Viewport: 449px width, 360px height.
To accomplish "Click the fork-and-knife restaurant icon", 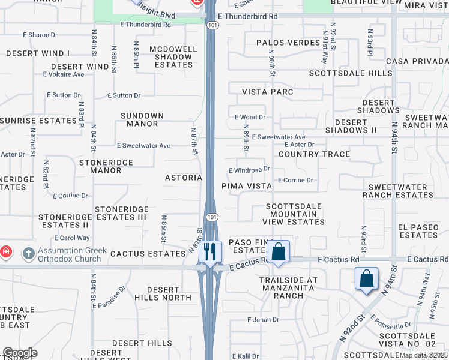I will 210,251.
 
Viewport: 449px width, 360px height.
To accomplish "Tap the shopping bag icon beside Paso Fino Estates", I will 279,251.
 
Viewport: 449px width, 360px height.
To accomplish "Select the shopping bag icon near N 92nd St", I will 366,278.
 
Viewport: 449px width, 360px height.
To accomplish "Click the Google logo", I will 19,353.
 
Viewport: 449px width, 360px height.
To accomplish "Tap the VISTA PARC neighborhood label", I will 268,92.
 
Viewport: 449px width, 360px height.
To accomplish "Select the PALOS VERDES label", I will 288,43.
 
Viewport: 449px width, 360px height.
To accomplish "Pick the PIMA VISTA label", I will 247,186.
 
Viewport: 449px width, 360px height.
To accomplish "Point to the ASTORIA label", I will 184,178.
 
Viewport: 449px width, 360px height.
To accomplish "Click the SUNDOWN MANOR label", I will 142,119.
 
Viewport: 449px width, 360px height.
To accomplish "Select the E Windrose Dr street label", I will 249,170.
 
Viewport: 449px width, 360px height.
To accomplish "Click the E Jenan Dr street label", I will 264,320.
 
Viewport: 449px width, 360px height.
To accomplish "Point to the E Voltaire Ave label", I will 64,74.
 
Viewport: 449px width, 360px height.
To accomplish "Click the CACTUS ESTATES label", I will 148,254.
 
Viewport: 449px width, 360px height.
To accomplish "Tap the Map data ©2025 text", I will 423,355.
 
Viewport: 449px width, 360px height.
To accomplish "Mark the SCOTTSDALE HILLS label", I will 351,73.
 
